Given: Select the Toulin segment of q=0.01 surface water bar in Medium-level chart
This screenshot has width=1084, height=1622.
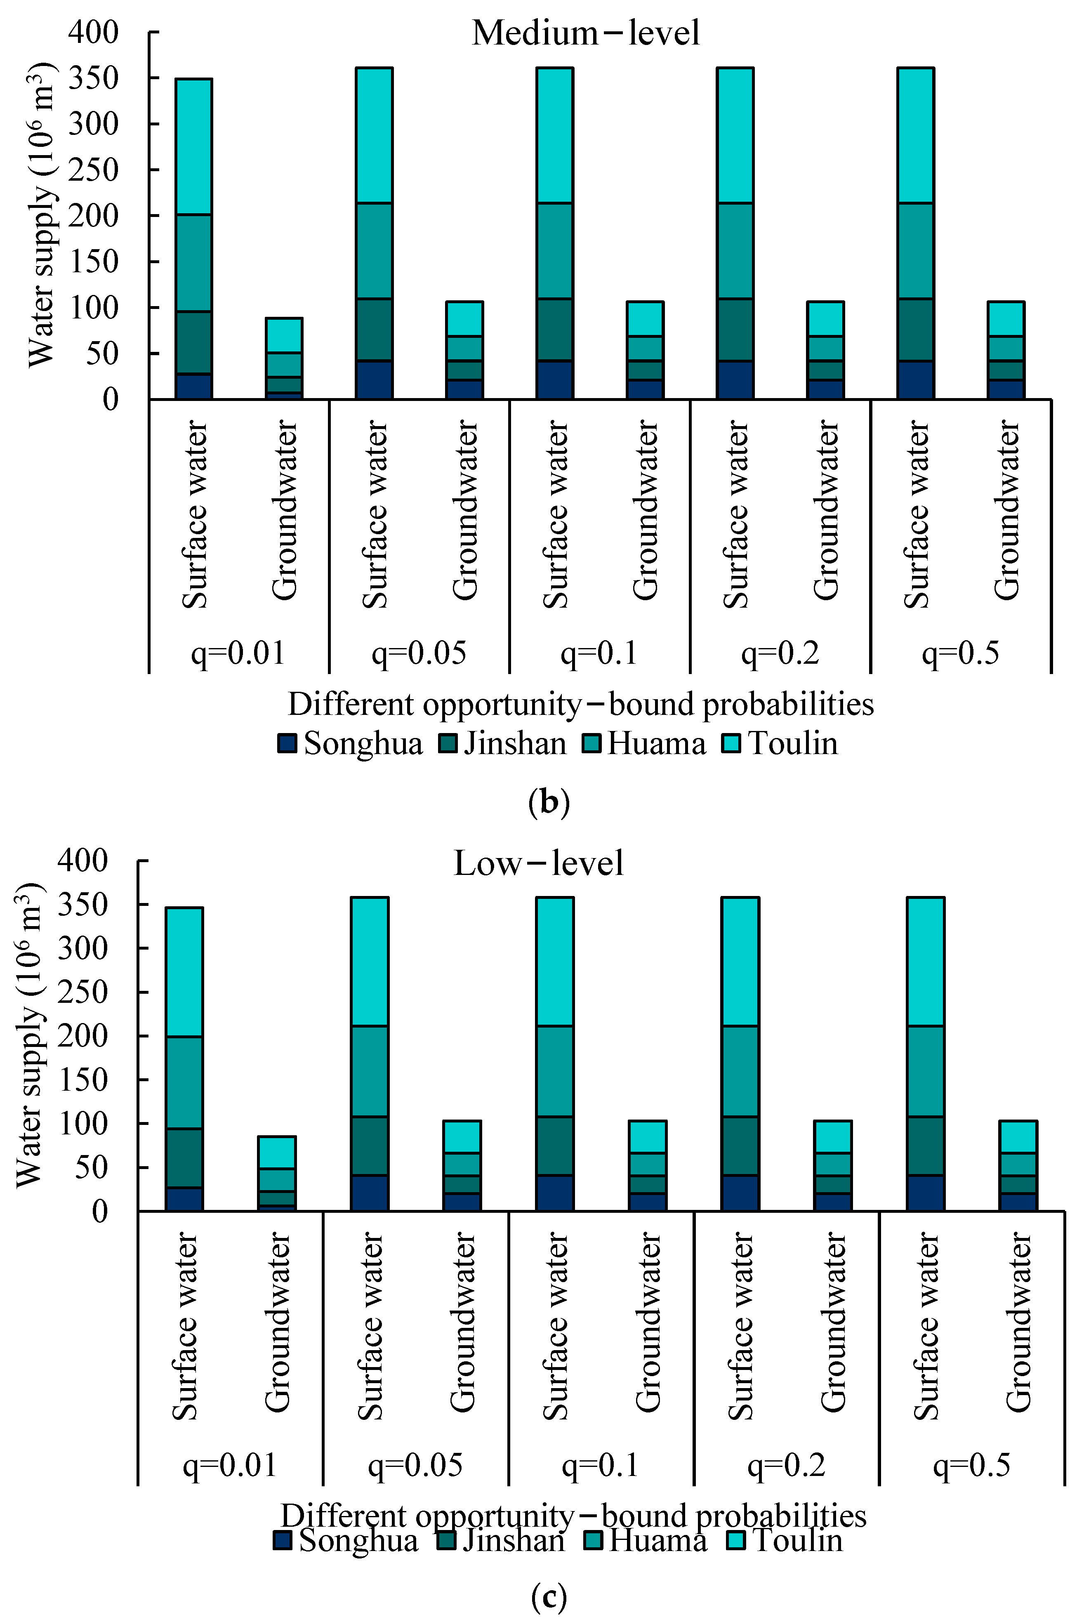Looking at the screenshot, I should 193,146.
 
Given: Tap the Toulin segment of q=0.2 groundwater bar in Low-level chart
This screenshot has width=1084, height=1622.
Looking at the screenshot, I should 832,1136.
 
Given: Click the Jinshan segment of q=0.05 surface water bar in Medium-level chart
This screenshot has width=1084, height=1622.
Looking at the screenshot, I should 374,330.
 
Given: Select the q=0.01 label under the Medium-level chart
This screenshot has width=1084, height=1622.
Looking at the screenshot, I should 238,653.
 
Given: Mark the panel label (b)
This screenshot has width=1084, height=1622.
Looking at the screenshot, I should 548,802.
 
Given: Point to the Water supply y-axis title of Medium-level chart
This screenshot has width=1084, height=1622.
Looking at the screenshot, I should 42,215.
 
